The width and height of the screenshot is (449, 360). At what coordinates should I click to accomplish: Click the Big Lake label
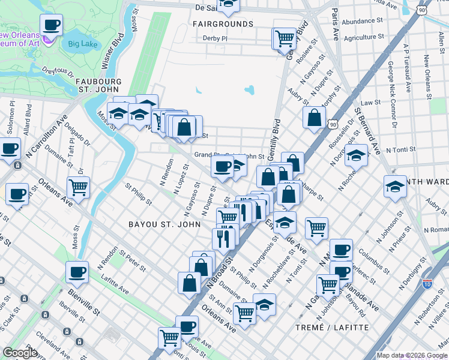pyautogui.click(x=82, y=43)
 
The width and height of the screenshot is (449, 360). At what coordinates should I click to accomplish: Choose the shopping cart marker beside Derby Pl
pyautogui.click(x=285, y=40)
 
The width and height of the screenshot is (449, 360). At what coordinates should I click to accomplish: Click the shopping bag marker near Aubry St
pyautogui.click(x=314, y=118)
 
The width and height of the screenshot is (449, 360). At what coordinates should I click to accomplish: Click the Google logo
pyautogui.click(x=20, y=353)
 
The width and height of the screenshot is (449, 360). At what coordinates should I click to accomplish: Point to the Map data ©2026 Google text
pyautogui.click(x=411, y=355)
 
